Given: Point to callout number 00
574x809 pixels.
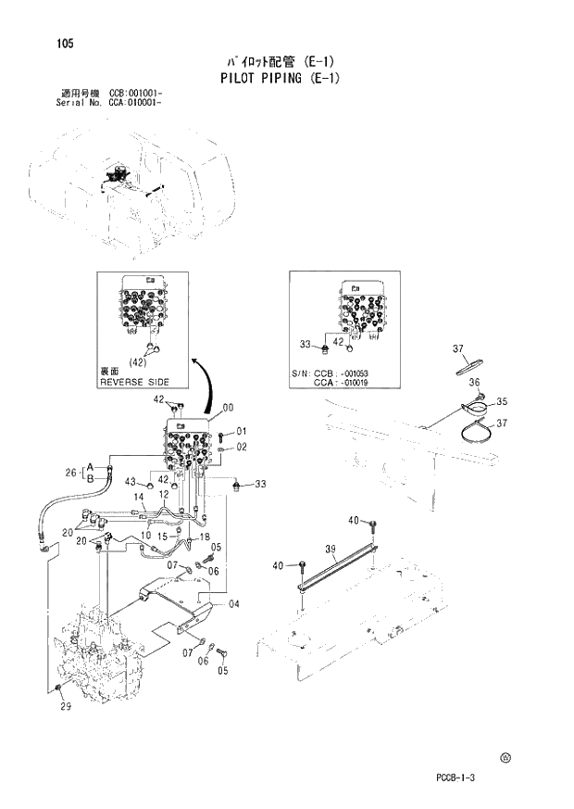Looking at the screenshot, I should click(228, 406).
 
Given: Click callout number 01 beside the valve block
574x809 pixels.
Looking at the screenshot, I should click(241, 431).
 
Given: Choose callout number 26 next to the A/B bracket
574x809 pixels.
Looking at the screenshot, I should click(69, 474).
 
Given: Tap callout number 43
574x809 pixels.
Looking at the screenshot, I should click(131, 482).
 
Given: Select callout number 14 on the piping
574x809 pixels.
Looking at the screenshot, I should click(137, 497).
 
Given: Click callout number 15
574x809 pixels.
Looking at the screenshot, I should click(161, 536).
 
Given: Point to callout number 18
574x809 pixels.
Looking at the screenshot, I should click(204, 537).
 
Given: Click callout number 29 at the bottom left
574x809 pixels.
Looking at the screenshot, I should click(64, 707).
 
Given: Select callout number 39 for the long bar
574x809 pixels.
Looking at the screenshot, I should click(331, 550).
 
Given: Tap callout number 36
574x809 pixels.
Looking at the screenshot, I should click(473, 382).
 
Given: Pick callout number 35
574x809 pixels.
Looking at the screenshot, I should click(502, 401).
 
